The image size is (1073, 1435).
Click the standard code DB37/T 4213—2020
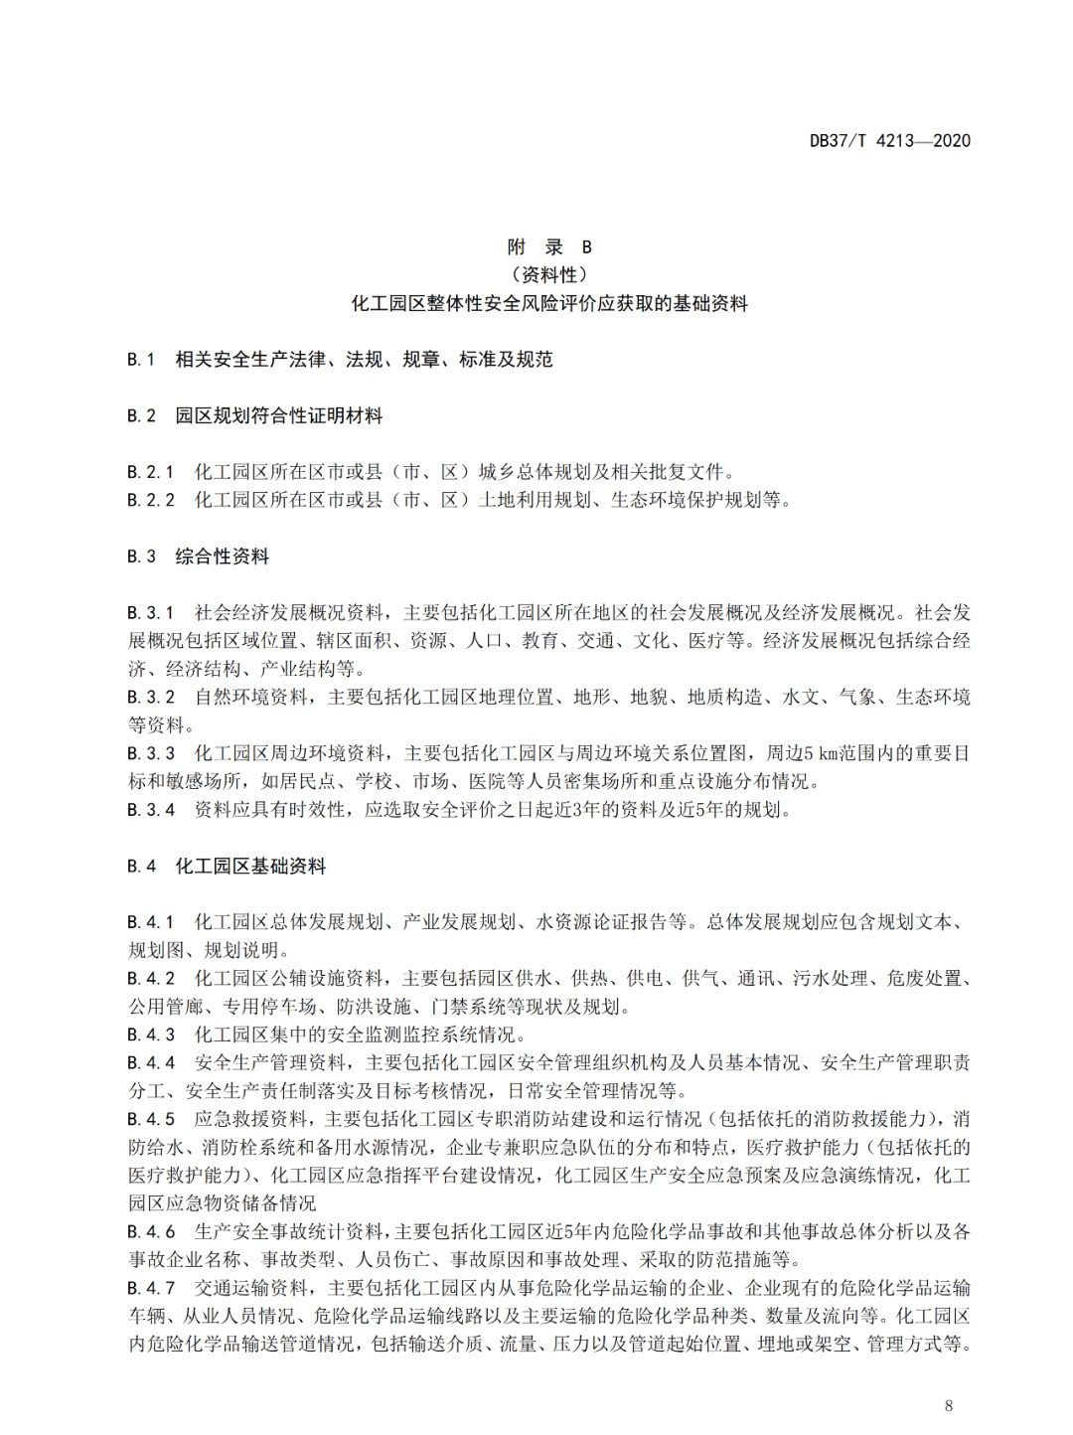[890, 140]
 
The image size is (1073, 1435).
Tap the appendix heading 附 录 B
[549, 247]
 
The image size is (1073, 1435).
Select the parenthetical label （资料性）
[549, 275]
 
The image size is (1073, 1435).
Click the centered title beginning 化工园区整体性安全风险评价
[549, 303]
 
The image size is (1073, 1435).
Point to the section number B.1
[141, 360]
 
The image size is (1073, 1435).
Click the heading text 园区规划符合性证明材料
[279, 416]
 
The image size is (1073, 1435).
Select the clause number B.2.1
[151, 472]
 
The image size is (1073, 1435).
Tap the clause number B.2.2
[151, 500]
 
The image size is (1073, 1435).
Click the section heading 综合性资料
[223, 557]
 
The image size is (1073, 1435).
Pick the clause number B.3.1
[151, 612]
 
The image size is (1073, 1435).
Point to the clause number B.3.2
[151, 698]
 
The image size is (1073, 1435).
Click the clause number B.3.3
[151, 753]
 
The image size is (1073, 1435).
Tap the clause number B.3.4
[151, 810]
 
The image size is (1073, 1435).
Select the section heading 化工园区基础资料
[250, 867]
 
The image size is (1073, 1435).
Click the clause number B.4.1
[151, 922]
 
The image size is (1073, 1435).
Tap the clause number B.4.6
[151, 1232]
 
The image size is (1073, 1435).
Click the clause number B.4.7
[151, 1289]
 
